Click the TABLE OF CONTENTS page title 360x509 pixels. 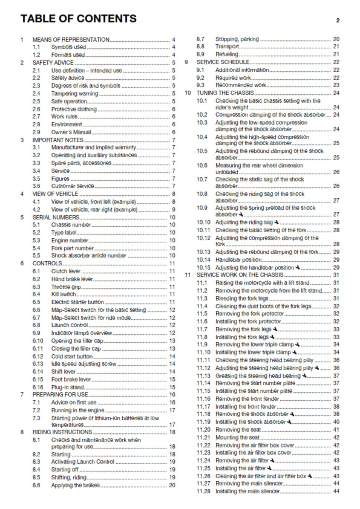coord(78,19)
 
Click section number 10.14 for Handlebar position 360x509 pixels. coord(203,259)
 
